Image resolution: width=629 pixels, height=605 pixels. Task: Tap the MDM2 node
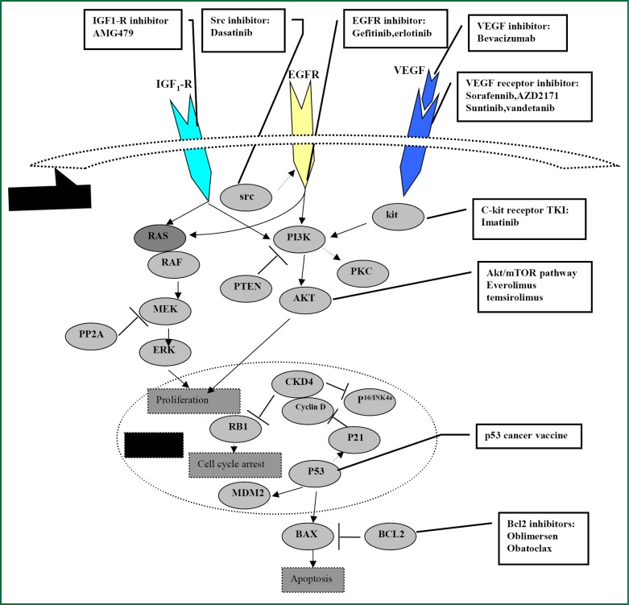242,491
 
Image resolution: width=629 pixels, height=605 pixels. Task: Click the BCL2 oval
391,533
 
